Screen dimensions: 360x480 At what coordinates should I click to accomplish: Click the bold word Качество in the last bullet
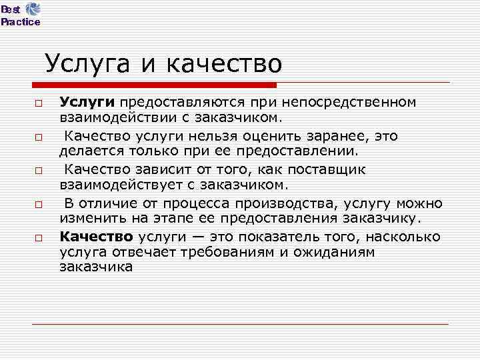[97, 236]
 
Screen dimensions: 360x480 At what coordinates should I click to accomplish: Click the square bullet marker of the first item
[39, 104]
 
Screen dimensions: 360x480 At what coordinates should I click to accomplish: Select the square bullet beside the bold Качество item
[39, 238]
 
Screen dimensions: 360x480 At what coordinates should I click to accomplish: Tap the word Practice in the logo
[20, 22]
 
